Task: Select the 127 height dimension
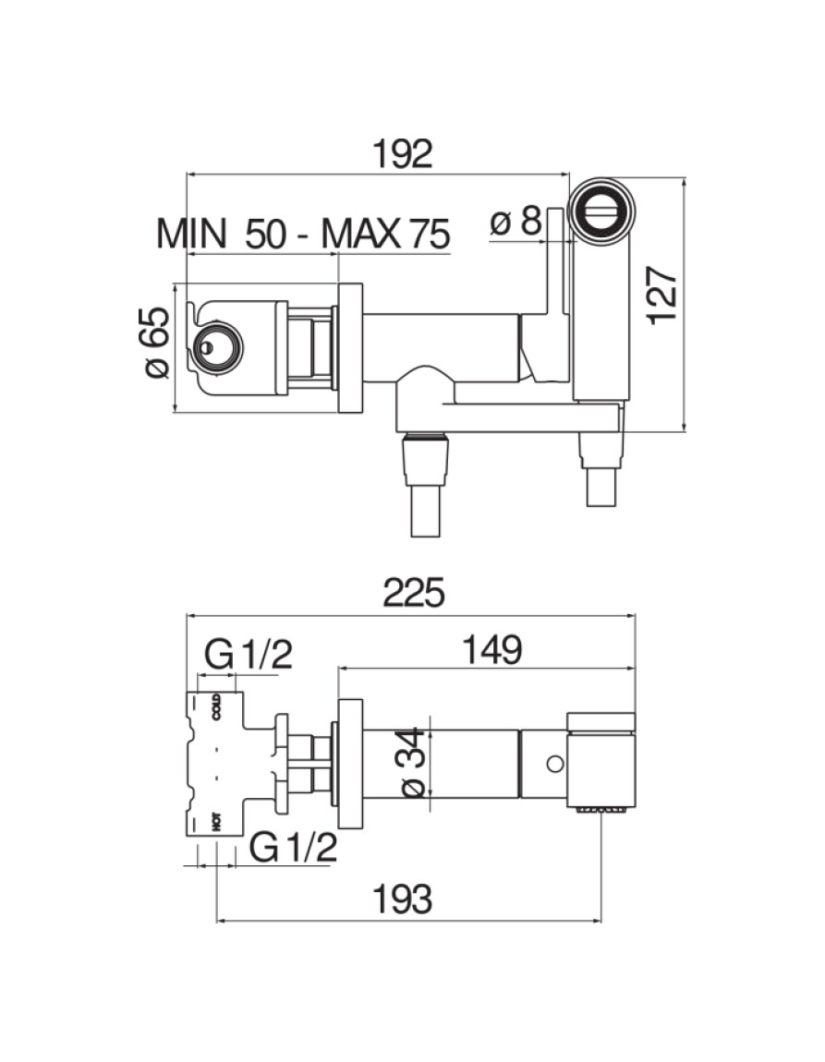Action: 662,296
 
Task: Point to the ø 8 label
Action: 516,222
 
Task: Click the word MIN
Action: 191,234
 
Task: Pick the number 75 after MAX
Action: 430,235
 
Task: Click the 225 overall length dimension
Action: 414,593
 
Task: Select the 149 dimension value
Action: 492,650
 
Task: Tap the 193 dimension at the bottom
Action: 403,899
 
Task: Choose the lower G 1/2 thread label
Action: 293,847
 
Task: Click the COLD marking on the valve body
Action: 217,707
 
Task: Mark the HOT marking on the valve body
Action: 217,821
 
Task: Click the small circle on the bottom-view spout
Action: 554,764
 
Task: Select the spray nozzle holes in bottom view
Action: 601,808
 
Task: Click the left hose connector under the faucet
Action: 426,484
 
